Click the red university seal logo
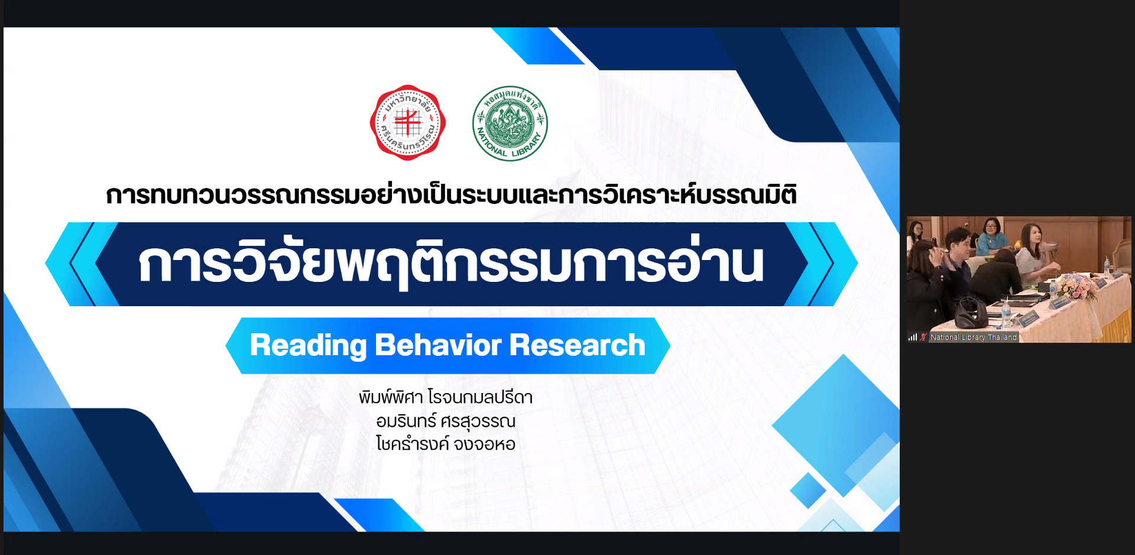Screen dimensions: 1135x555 (408, 123)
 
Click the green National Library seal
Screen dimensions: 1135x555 (510, 124)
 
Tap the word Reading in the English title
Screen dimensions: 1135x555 (309, 346)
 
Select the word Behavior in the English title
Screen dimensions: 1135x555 (438, 345)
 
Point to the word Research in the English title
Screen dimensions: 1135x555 (577, 345)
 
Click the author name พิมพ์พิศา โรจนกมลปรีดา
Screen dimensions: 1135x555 (446, 397)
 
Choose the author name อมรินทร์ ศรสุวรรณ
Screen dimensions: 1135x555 (446, 421)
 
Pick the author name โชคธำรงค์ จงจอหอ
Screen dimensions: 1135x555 (446, 444)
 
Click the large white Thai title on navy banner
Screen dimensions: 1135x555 (451, 263)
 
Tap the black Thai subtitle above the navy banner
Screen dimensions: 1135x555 (452, 194)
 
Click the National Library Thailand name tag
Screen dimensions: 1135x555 (974, 337)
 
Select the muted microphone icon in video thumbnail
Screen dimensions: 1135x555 (923, 337)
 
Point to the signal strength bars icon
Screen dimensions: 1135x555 (913, 337)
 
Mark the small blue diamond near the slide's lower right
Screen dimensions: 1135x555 (808, 491)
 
